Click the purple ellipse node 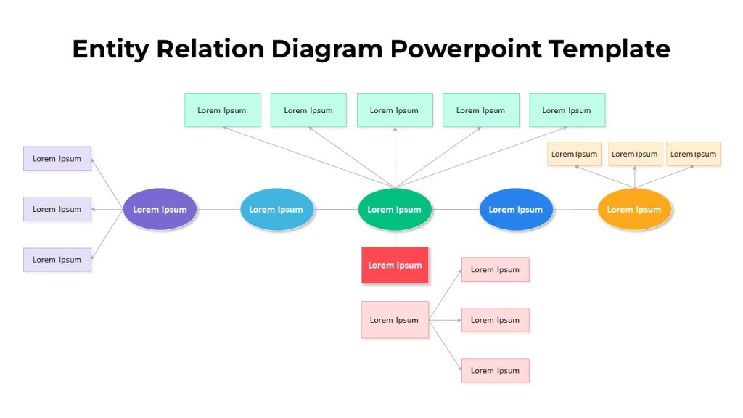[x=160, y=209]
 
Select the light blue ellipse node [x=276, y=209]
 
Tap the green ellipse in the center [x=395, y=209]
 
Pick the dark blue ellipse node [x=516, y=209]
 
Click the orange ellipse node [x=634, y=209]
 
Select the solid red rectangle [x=395, y=265]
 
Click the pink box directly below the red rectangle [x=395, y=320]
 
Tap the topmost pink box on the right [x=495, y=269]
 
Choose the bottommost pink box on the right [x=495, y=371]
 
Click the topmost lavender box [x=57, y=158]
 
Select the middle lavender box [x=57, y=209]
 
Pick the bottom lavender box [x=57, y=260]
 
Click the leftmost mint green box [x=222, y=110]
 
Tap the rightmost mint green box [x=567, y=110]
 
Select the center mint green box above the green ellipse [x=395, y=110]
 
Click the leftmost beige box [x=575, y=154]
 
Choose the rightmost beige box [x=693, y=154]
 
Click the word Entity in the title [x=110, y=49]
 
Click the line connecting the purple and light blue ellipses [x=218, y=209]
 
